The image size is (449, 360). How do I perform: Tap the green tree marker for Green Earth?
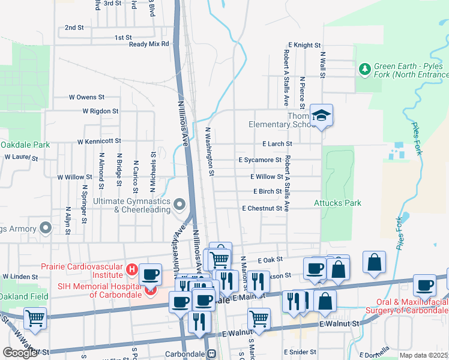tap(364, 70)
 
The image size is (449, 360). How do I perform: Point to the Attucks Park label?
tap(337, 203)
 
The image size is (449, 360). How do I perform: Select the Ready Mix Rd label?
tap(149, 44)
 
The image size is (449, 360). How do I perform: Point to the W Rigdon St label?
tap(100, 111)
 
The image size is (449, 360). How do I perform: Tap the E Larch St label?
tap(277, 144)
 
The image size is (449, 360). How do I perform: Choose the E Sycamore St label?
tap(260, 160)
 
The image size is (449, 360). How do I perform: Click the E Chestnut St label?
tap(262, 208)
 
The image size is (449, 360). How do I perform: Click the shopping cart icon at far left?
tap(35, 318)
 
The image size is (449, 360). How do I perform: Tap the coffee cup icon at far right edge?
tap(424, 286)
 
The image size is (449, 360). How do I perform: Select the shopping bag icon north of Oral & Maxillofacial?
tap(374, 262)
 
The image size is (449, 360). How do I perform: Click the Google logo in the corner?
tap(20, 353)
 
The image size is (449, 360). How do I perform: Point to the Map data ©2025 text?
tap(424, 355)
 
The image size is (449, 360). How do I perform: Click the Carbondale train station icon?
tap(211, 354)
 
